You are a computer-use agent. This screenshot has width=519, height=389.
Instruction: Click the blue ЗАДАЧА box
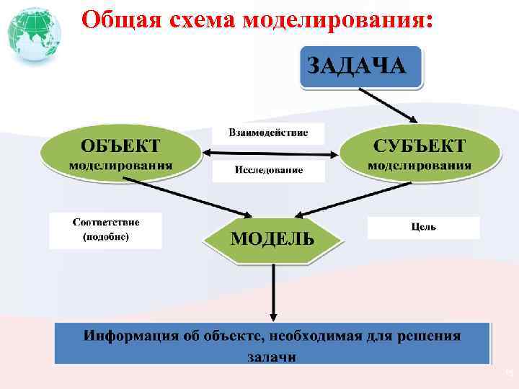(360, 67)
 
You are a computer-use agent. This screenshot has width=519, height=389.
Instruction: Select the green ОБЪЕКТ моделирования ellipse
(120, 153)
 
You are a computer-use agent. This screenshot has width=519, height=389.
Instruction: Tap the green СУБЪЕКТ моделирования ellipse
(419, 153)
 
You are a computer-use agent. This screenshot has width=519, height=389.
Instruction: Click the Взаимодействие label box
(268, 133)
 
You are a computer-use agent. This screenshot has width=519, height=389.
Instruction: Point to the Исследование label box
(268, 171)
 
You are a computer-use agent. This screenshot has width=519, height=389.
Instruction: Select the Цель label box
(423, 228)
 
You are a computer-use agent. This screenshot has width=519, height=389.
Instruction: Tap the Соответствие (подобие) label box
(106, 230)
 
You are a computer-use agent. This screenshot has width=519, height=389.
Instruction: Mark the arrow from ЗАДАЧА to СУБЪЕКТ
(388, 104)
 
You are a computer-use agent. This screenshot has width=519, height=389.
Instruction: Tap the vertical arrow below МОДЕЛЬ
(272, 292)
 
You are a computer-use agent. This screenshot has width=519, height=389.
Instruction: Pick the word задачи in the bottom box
(272, 356)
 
